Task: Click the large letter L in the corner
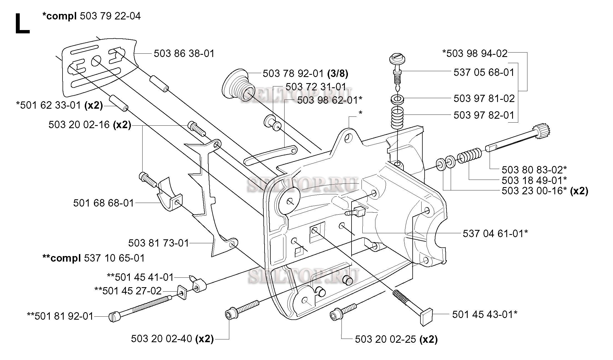22,24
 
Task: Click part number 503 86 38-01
184,53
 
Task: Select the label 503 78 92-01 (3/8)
305,74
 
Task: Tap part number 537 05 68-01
484,73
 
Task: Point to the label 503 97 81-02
484,98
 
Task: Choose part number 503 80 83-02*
534,169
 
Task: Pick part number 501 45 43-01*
485,314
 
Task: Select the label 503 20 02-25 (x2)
396,339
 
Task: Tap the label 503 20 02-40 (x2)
172,339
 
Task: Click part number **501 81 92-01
60,316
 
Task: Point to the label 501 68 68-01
104,203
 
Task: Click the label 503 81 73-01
158,243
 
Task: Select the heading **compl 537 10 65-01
93,258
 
